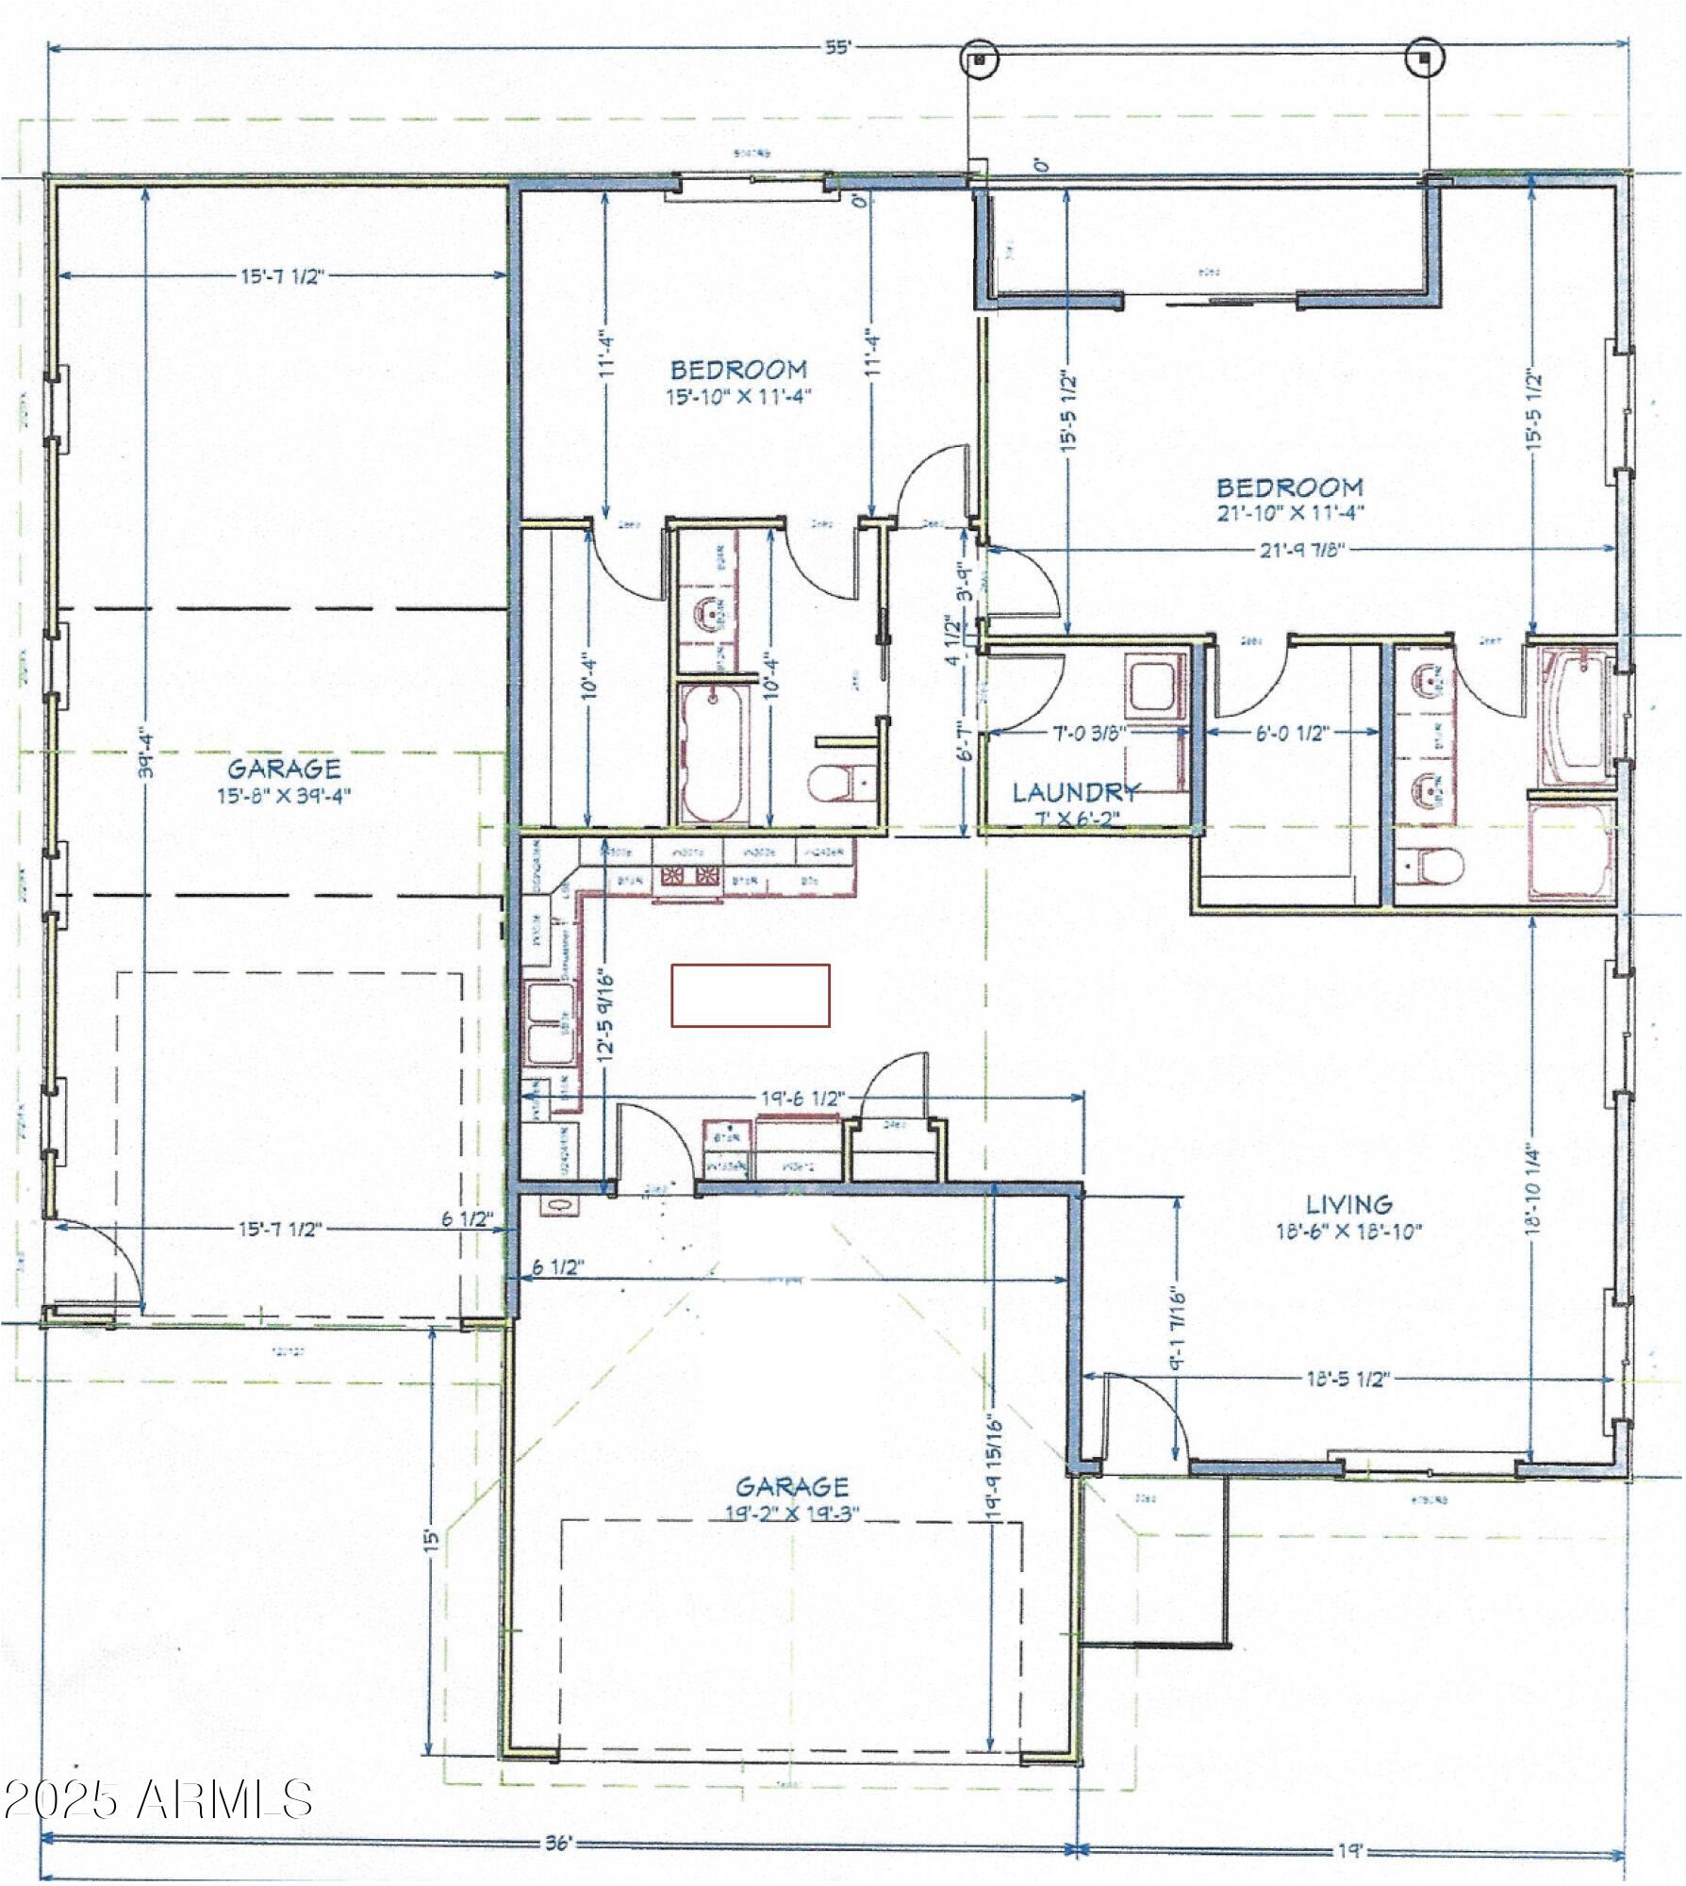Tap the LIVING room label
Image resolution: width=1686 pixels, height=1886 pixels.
click(1349, 1204)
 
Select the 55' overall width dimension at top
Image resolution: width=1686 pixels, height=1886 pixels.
click(836, 49)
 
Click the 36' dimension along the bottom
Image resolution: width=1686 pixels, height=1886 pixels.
click(558, 1844)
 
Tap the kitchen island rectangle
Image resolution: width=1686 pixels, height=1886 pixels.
click(751, 995)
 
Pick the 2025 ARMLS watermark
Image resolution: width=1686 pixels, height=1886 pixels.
click(157, 1799)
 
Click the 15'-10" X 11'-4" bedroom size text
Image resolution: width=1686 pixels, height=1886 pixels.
click(738, 397)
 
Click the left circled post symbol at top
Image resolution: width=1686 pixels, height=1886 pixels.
click(980, 58)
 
